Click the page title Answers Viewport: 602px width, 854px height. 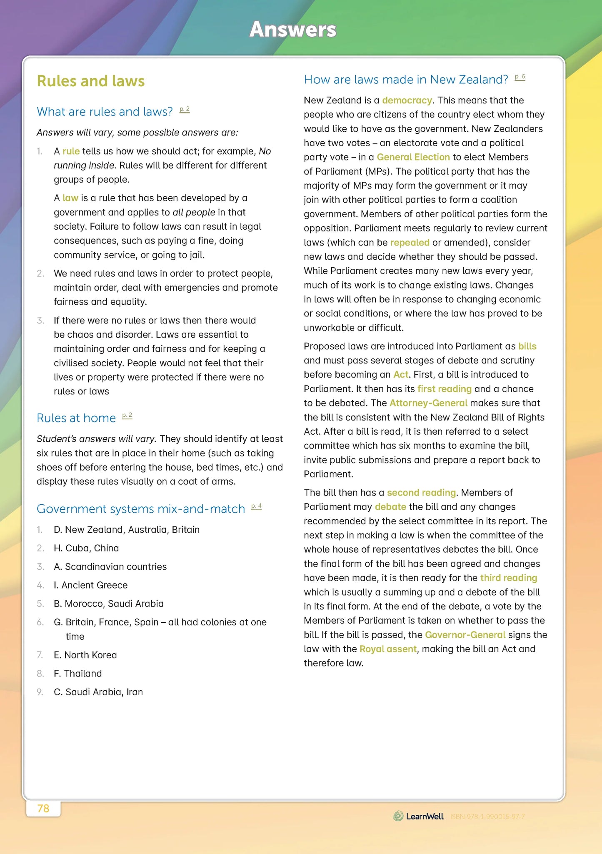(x=293, y=30)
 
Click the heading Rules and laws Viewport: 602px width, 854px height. (x=91, y=81)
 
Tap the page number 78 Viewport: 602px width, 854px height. (x=43, y=809)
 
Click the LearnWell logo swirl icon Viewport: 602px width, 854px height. (x=398, y=816)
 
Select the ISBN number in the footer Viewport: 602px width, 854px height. (x=487, y=816)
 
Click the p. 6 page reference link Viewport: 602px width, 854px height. (x=520, y=77)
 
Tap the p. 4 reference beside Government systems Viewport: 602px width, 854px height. (x=256, y=506)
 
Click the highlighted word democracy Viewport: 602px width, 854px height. (x=407, y=100)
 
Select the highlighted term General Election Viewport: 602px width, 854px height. (x=413, y=157)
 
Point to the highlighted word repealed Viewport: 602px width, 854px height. (x=410, y=243)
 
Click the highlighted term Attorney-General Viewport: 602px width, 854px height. (x=428, y=403)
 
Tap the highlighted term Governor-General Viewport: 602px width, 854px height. (x=465, y=635)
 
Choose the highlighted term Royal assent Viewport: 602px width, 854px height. (x=388, y=649)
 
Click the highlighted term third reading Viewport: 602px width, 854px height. (x=508, y=578)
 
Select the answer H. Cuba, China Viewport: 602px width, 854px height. (x=86, y=548)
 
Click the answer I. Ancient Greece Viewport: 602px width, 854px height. (x=90, y=585)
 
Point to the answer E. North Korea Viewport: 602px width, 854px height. (x=85, y=655)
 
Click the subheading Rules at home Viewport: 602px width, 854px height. (x=76, y=418)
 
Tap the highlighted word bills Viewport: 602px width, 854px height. (x=527, y=346)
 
